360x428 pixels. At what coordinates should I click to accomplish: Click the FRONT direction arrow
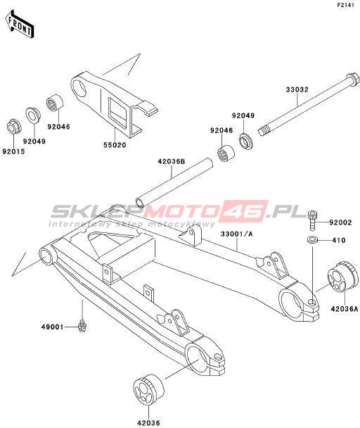(x=20, y=24)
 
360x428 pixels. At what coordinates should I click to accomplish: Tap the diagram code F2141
(x=345, y=5)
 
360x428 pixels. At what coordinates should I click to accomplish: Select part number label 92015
(x=13, y=151)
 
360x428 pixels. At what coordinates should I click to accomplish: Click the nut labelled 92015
(x=13, y=127)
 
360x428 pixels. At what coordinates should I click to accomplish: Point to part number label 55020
(x=115, y=145)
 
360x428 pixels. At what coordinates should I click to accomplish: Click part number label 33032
(x=297, y=89)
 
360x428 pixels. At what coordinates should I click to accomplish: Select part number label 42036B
(x=172, y=162)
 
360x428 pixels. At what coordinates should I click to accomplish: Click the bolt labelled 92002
(x=311, y=221)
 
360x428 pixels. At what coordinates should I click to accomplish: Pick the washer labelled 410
(x=312, y=240)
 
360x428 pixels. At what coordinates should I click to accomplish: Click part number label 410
(x=339, y=241)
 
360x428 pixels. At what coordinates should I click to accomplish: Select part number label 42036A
(x=345, y=308)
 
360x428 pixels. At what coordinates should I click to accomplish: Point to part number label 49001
(x=53, y=327)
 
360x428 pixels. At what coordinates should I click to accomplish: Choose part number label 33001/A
(x=237, y=234)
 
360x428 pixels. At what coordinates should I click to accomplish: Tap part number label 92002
(x=340, y=222)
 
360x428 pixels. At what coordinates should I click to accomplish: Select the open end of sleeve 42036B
(x=141, y=203)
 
